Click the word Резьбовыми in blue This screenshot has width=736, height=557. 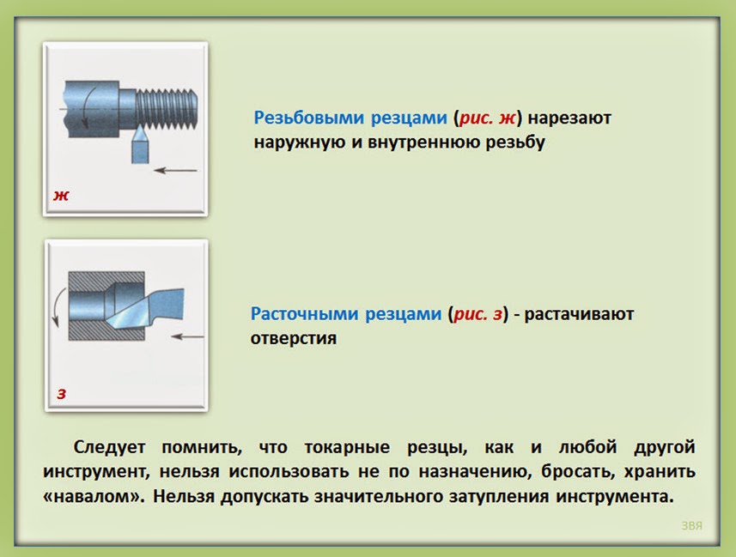(309, 118)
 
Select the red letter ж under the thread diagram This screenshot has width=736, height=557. (61, 195)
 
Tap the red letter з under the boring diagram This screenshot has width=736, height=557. (62, 394)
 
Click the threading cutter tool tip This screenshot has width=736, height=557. (140, 127)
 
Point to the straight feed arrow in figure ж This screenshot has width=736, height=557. (175, 170)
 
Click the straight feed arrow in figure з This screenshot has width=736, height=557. (187, 336)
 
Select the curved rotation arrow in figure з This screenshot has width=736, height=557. (58, 307)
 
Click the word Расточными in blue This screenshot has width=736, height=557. (306, 314)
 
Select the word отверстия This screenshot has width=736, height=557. (294, 338)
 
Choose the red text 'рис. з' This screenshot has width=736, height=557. (478, 314)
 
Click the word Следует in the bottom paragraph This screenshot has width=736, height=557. (109, 448)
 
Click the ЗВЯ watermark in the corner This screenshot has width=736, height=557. (692, 526)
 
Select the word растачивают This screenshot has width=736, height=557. (579, 314)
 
